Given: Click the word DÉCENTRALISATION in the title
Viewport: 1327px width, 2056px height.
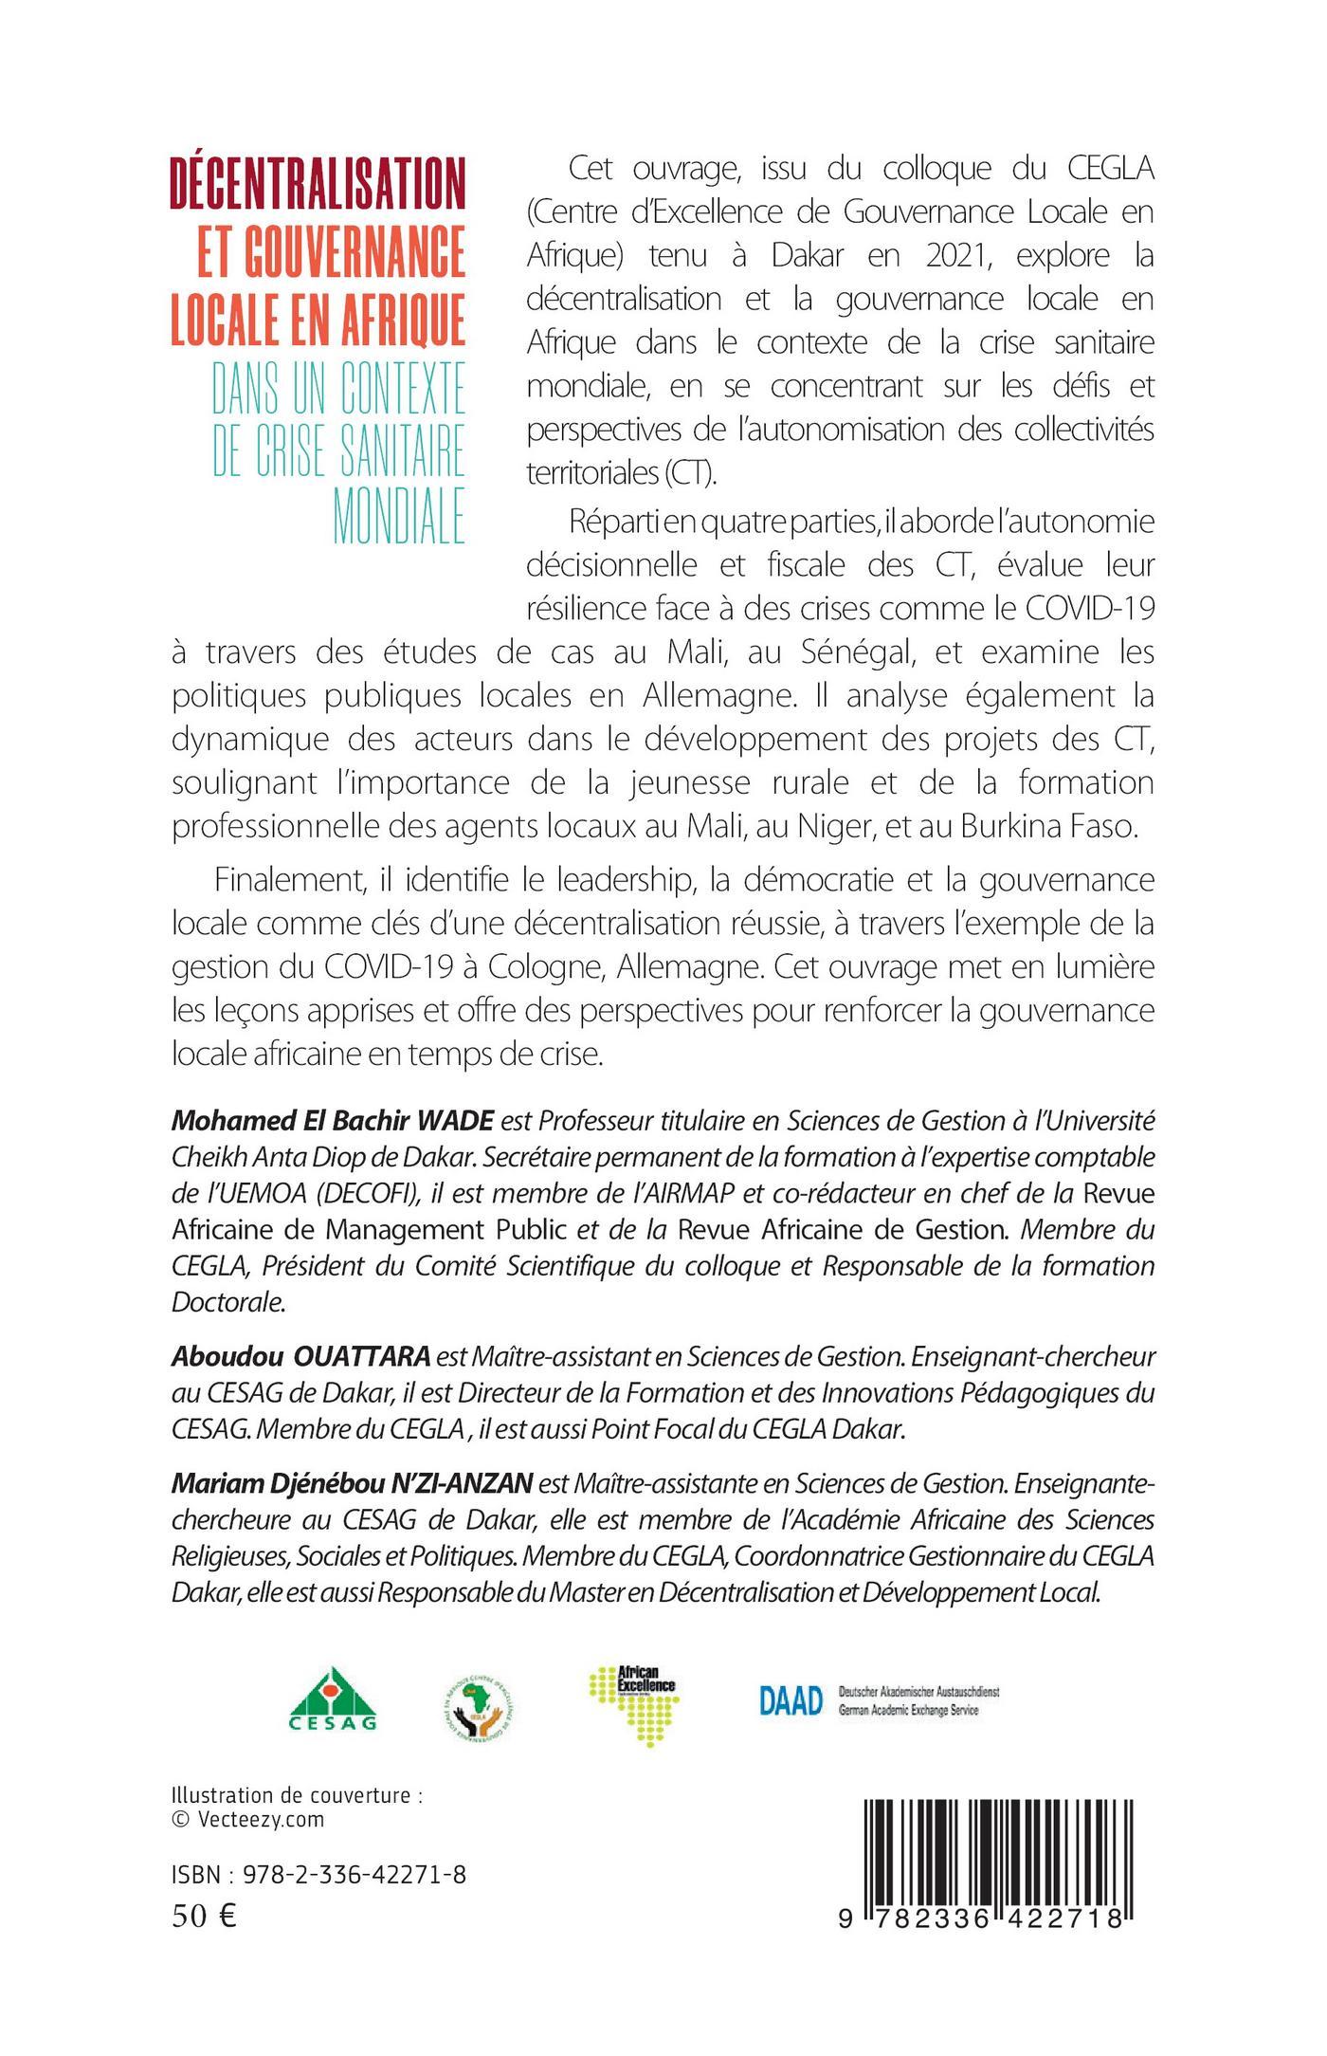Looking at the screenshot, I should tap(318, 183).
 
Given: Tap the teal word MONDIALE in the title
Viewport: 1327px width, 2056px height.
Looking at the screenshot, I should tap(399, 516).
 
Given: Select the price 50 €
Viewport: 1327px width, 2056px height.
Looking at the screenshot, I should tap(204, 1917).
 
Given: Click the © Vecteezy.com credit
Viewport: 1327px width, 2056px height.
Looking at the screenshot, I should tap(248, 1819).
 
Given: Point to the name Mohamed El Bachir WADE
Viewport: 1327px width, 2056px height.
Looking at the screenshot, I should tap(333, 1122).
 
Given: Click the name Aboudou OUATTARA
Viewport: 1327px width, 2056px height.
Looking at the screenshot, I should tap(300, 1356).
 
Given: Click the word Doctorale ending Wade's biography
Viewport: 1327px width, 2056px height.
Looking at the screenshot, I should tap(227, 1302).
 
